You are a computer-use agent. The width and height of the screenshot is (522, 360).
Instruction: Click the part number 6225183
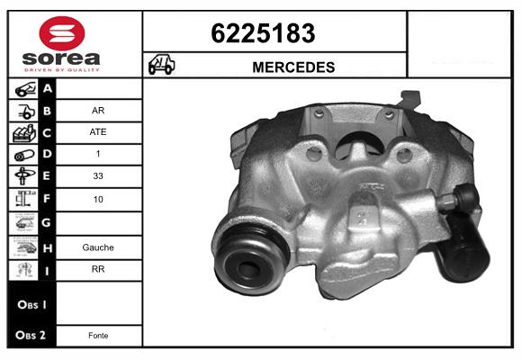click(x=263, y=33)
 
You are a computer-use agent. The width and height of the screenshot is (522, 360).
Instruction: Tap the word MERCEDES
click(x=293, y=67)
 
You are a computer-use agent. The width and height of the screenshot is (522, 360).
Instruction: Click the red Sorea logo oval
click(x=62, y=33)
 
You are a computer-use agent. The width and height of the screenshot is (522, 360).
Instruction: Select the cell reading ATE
click(x=98, y=132)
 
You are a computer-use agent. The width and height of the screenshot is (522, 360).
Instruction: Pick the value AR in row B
click(x=98, y=110)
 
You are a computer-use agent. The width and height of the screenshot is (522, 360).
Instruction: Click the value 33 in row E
click(x=98, y=175)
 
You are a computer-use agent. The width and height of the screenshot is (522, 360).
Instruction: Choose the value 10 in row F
click(x=98, y=200)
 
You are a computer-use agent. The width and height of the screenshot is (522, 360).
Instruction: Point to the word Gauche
click(x=98, y=247)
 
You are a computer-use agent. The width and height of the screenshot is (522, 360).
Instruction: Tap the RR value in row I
click(x=98, y=269)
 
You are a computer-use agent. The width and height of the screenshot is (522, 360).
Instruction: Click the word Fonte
click(x=98, y=336)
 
